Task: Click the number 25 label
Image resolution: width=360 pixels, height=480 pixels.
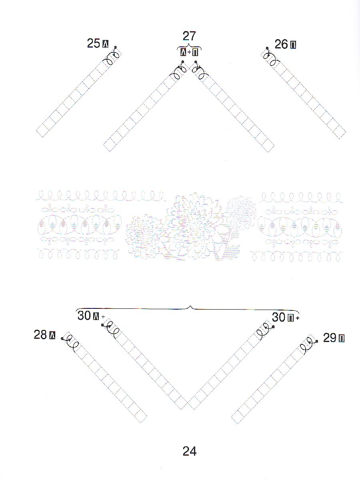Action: click(94, 43)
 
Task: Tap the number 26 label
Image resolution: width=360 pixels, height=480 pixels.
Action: click(281, 44)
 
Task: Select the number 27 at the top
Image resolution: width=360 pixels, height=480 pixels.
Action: click(189, 36)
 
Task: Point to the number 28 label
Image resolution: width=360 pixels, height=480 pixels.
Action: click(40, 335)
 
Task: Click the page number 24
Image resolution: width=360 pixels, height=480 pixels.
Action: click(190, 451)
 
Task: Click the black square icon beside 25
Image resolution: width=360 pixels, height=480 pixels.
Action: click(105, 44)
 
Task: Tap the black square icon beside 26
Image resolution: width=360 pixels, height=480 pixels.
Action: click(293, 45)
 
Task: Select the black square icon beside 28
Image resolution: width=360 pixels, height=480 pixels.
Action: click(52, 336)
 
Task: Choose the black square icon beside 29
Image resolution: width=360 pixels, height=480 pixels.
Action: click(342, 339)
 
